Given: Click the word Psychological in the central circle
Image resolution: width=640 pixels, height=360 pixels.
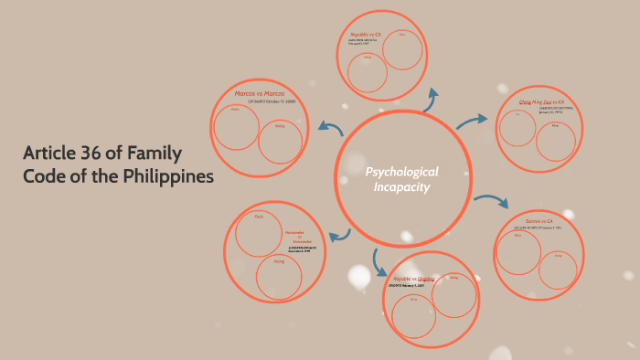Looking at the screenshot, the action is [x=402, y=172].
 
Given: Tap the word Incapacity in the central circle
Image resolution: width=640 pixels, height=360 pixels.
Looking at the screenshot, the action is [x=401, y=187].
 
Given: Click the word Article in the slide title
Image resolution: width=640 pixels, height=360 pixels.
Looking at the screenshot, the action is [x=51, y=153].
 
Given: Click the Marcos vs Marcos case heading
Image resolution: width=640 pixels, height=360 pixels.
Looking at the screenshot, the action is [x=260, y=93].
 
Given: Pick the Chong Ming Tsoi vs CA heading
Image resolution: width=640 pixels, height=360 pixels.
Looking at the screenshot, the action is [x=542, y=102].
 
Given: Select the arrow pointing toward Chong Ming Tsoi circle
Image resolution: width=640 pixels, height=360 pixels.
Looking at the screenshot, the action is [x=472, y=120].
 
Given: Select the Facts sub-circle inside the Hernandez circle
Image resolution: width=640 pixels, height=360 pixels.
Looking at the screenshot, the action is [x=258, y=233].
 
